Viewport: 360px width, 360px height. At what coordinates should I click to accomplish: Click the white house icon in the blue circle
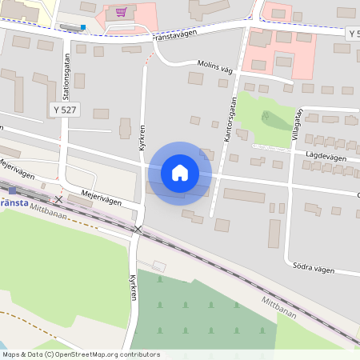click(x=180, y=173)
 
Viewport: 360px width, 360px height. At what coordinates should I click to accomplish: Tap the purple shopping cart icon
click(x=121, y=12)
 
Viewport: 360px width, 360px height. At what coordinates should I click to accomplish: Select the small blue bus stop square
click(x=82, y=26)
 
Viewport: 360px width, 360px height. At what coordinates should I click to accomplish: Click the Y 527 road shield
click(x=64, y=109)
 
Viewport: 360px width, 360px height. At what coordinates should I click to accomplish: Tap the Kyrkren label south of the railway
click(x=134, y=290)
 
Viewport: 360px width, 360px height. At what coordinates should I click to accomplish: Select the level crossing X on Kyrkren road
click(x=138, y=230)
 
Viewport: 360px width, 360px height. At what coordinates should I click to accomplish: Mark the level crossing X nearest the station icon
click(x=58, y=198)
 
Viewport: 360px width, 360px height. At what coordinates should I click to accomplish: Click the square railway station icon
click(x=12, y=190)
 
